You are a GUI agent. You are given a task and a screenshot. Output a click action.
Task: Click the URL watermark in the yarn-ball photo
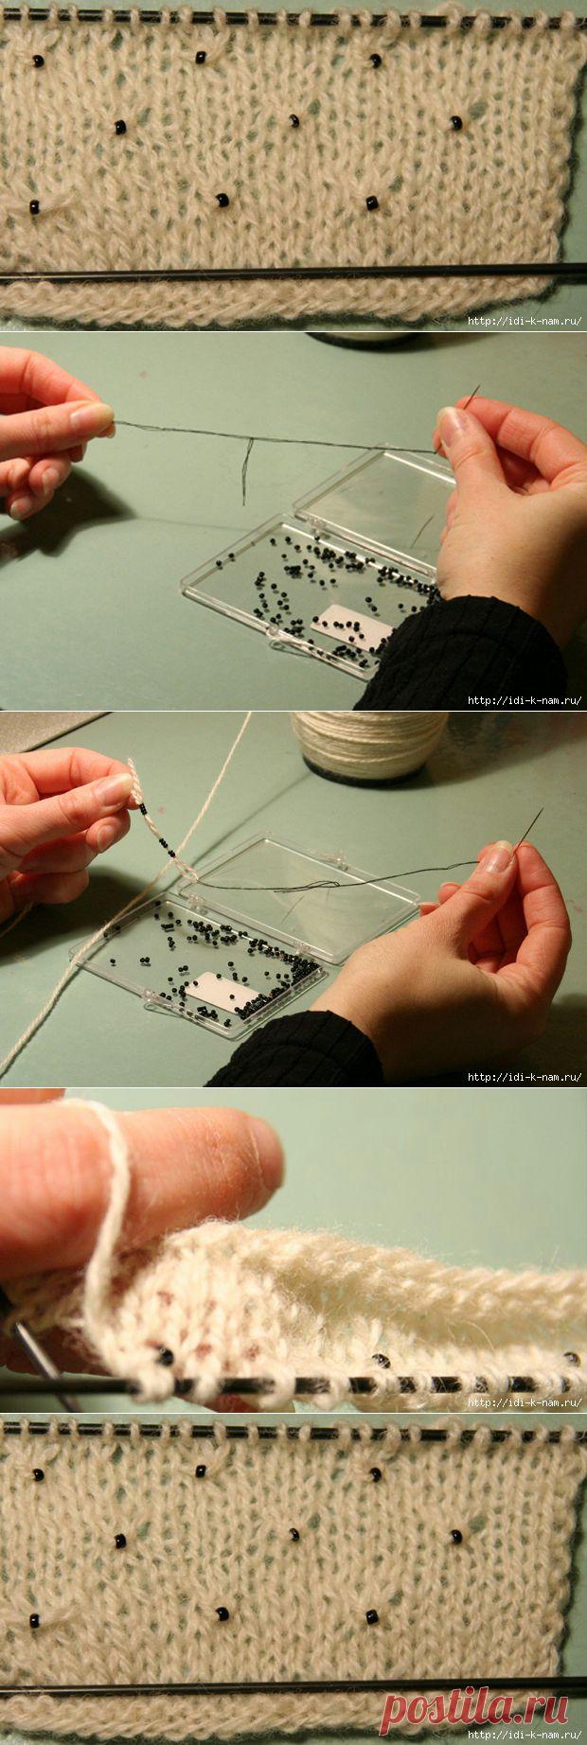point(525,1076)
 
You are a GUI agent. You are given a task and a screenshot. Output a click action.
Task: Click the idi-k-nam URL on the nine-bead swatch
point(525,320)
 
